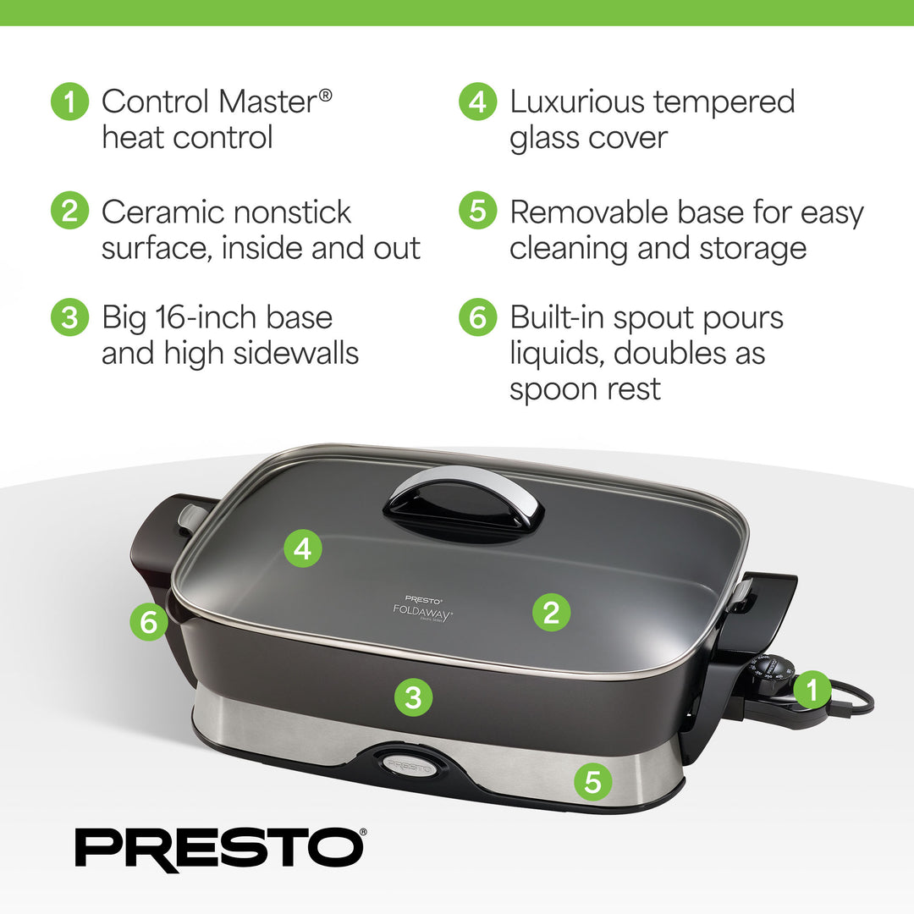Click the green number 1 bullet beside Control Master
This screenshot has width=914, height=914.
[69, 102]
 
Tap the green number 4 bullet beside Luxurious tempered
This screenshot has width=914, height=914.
[477, 102]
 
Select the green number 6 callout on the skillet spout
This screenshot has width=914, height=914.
[149, 623]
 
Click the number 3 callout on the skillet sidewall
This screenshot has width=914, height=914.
[413, 697]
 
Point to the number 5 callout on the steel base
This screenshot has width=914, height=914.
[592, 782]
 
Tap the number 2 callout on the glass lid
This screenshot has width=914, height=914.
[551, 612]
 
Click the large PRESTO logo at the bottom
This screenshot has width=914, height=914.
[220, 846]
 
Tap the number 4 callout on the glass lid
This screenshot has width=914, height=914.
[303, 548]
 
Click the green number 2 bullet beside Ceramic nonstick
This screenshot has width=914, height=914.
[69, 212]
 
